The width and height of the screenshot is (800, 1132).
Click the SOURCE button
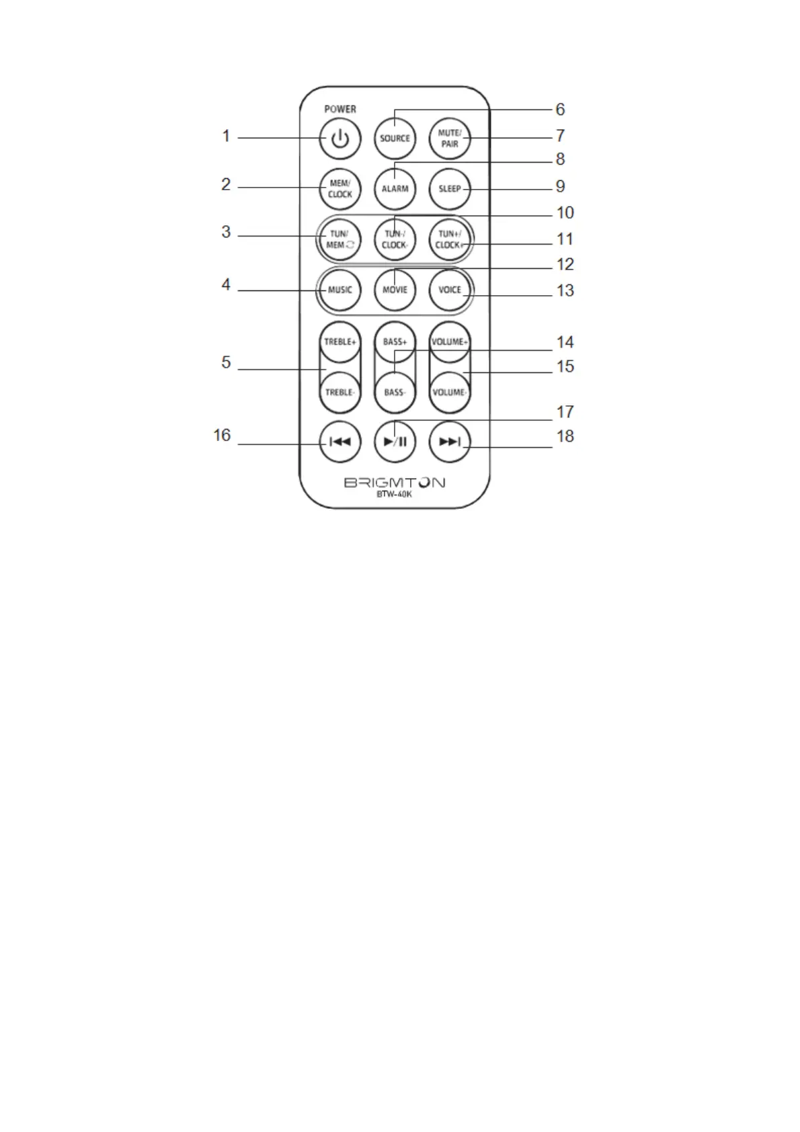(x=395, y=138)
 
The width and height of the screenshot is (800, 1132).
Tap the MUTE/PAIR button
(x=450, y=138)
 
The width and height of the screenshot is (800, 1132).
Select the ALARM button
(x=395, y=189)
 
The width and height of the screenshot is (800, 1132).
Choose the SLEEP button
(x=450, y=189)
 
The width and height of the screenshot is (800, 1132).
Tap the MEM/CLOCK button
(x=340, y=189)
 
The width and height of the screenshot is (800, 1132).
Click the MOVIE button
(x=395, y=290)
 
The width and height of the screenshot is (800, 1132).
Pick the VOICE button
(x=450, y=290)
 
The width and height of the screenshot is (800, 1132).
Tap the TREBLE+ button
(x=340, y=342)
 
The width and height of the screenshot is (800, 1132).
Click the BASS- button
(x=395, y=392)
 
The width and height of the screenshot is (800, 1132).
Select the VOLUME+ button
(x=450, y=342)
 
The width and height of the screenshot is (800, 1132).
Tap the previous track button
(x=340, y=442)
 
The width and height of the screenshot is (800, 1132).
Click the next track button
(x=450, y=442)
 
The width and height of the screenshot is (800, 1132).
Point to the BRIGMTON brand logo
(x=395, y=483)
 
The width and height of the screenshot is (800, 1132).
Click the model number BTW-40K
(x=395, y=495)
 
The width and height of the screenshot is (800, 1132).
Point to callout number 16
(x=222, y=436)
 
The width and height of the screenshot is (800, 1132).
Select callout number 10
(x=565, y=213)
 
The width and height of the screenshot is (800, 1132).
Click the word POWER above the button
(x=340, y=109)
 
